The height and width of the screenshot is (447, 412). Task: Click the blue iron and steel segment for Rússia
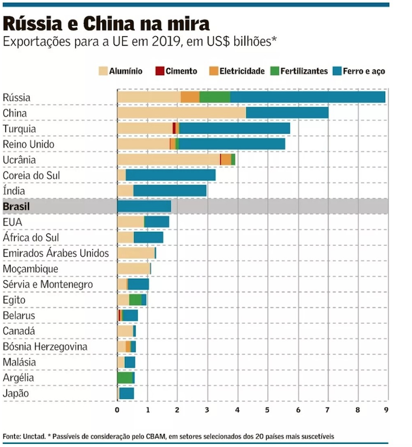point(308,97)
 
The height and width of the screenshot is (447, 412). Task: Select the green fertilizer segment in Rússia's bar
point(215,97)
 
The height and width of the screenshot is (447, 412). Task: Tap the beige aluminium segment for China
point(181,113)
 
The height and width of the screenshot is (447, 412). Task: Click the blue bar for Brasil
point(144,206)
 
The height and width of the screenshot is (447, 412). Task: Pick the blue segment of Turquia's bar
point(234,128)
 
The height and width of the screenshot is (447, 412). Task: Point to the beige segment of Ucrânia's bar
point(169,159)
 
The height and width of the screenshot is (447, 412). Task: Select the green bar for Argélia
point(125,378)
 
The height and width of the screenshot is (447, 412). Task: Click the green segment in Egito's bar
point(135,300)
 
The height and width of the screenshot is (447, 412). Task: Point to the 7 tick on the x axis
point(328,410)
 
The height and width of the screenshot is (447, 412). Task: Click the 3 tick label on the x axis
point(208,410)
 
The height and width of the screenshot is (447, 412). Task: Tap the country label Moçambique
point(30,269)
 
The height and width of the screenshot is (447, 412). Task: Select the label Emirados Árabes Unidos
point(56,253)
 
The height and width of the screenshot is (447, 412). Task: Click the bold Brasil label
point(16,207)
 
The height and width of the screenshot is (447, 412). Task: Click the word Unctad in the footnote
point(35,436)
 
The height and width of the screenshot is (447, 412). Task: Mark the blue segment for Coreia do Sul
point(171,175)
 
